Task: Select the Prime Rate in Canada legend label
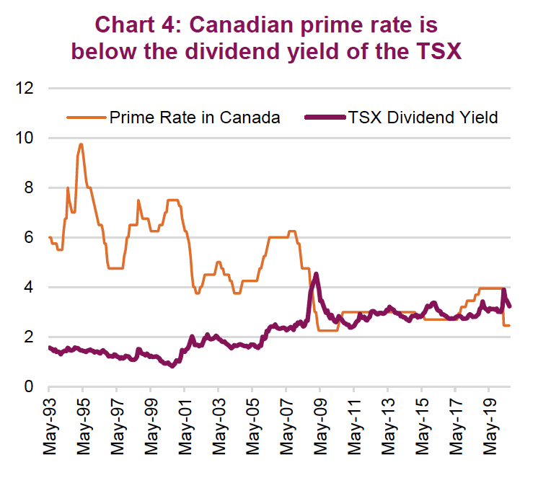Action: click(194, 117)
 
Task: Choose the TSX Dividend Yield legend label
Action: click(423, 117)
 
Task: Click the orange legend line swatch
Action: click(86, 117)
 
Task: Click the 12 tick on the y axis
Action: click(25, 89)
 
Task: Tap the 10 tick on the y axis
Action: click(25, 138)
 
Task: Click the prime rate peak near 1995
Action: click(81, 144)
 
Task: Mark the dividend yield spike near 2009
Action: click(316, 274)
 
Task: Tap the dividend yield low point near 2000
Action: click(171, 365)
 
